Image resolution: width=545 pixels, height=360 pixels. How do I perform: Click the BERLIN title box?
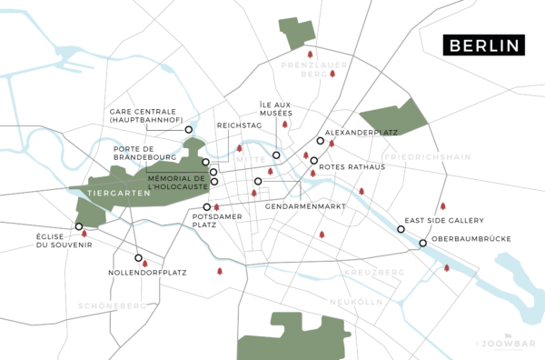coord(484,46)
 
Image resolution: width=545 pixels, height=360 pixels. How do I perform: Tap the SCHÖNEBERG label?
coord(113,305)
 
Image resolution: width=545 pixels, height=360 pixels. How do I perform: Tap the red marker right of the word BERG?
coord(332,74)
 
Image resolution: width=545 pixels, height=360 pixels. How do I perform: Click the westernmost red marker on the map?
coord(84,233)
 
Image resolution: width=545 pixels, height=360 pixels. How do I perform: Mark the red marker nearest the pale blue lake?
coord(446,267)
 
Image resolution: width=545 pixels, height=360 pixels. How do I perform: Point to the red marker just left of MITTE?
coord(240,149)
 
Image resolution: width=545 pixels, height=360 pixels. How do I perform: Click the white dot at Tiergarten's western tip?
coord(79,226)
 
